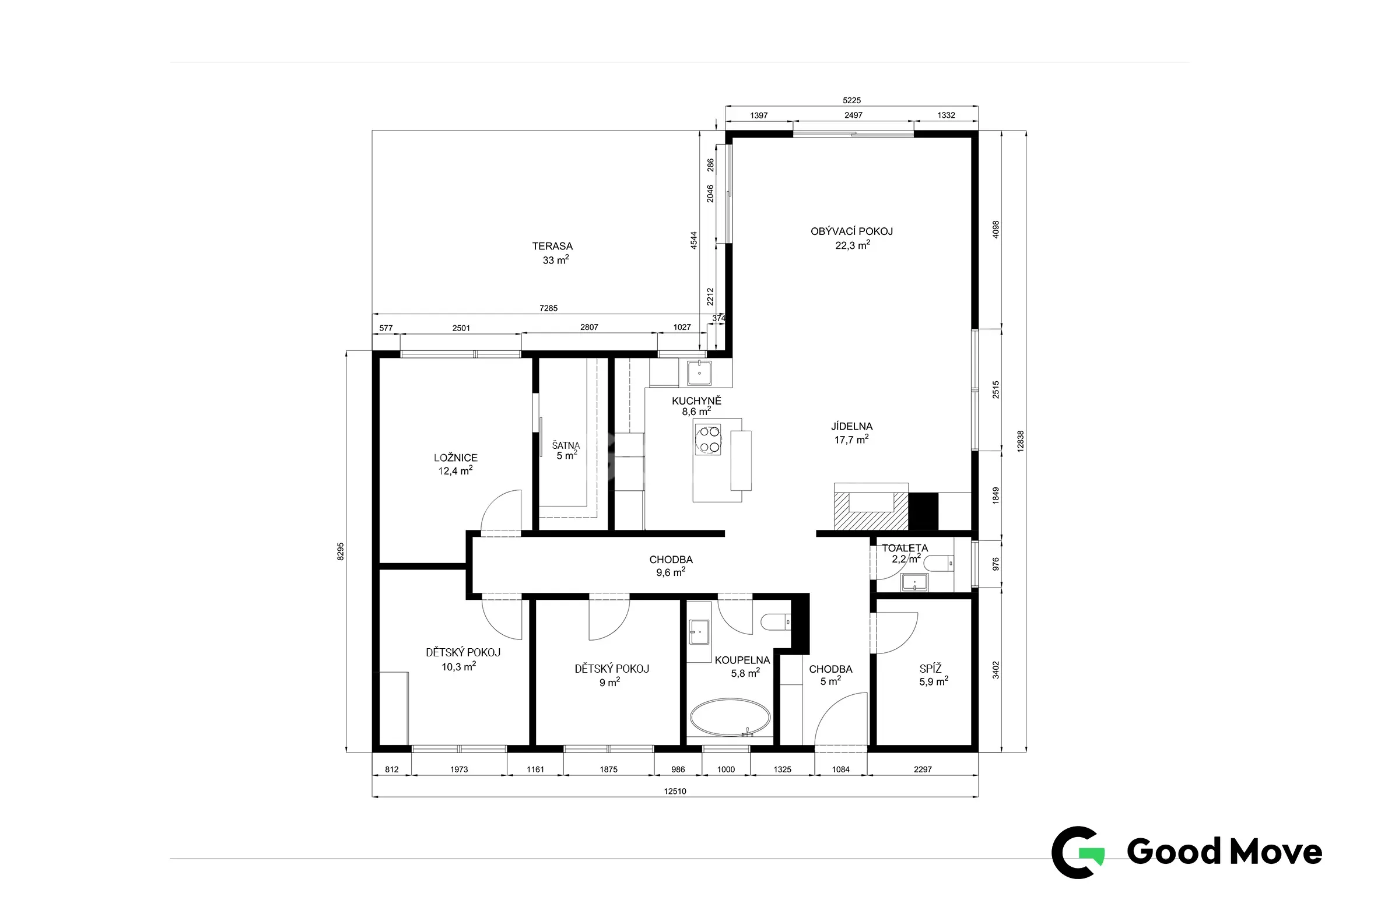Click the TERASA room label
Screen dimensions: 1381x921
coord(552,246)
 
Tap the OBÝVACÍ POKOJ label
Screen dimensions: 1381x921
coord(851,231)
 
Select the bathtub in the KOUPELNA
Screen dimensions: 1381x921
coord(730,717)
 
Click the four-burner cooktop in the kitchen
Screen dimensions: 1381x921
coord(708,440)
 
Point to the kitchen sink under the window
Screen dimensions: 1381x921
coord(699,373)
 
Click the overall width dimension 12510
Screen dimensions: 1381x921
coord(675,791)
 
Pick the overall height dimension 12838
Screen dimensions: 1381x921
coord(1020,441)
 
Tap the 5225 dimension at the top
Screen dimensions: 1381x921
coord(851,100)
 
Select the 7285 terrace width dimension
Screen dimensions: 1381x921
coord(548,308)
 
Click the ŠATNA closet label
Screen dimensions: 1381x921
coord(566,445)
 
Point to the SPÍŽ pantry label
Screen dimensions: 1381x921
coord(931,669)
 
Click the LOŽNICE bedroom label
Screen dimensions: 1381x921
coord(455,458)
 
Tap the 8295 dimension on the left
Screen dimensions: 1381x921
coord(340,551)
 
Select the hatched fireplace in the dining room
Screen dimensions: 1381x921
coord(871,507)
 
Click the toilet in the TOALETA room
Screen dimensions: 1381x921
coord(938,564)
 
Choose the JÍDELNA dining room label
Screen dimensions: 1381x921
coord(851,427)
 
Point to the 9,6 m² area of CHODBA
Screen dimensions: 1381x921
coord(671,572)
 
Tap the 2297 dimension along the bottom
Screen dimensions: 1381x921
coord(923,769)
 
